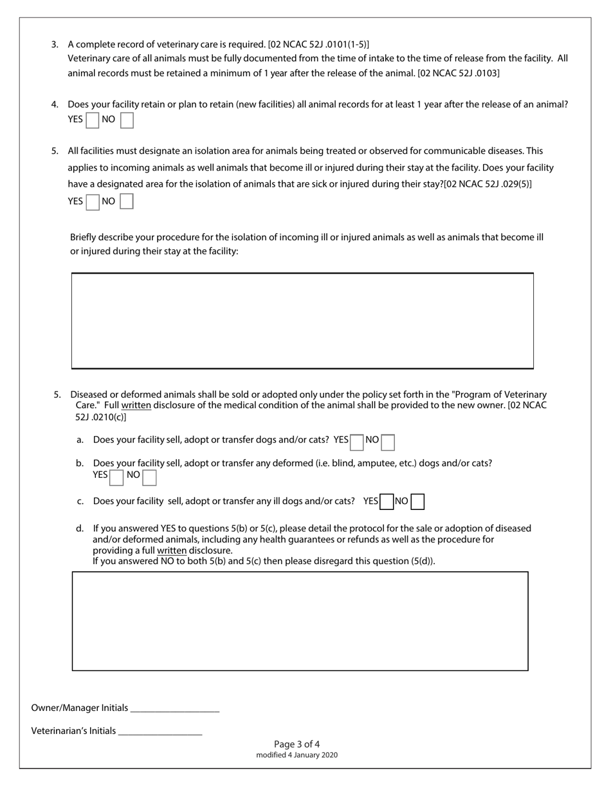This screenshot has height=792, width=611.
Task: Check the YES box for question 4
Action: point(93,120)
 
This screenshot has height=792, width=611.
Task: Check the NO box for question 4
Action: point(127,120)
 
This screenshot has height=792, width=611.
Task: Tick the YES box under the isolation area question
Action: point(93,202)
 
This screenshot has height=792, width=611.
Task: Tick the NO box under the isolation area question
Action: point(127,202)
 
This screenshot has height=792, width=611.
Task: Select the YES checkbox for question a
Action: point(356,442)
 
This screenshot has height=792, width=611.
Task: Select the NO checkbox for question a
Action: point(388,442)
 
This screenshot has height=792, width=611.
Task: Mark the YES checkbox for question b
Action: point(116,477)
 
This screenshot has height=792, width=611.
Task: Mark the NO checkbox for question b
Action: point(149,477)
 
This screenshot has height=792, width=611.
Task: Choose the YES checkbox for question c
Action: point(387,502)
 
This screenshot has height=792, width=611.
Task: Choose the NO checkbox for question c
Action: point(417,502)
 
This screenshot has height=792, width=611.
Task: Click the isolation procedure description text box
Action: point(302,321)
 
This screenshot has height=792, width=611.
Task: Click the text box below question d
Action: point(300,621)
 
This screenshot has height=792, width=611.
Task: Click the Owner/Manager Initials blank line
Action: point(174,708)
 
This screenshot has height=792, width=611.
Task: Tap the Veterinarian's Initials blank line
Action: point(160,731)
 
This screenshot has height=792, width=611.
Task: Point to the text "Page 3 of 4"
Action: point(296,744)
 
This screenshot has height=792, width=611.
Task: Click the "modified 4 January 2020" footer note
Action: point(296,755)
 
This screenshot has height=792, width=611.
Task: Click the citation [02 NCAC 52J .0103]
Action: point(459,73)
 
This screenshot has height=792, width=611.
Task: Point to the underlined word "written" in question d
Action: point(172,551)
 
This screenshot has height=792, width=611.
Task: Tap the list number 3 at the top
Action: point(55,44)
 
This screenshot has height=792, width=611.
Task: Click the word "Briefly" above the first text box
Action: point(85,237)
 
